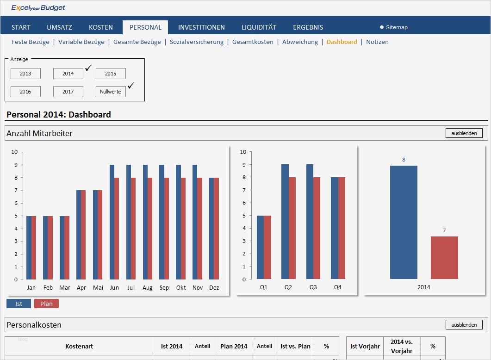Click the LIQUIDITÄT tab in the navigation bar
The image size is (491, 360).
(259, 27)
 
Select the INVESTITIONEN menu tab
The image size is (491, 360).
(201, 27)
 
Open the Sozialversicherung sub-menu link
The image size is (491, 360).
(196, 42)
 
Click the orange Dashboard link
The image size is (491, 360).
(342, 42)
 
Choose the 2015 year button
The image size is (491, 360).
(111, 74)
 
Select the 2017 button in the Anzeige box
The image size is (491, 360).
(68, 92)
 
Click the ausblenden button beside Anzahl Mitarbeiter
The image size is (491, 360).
(464, 133)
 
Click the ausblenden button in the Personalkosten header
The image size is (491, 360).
(464, 324)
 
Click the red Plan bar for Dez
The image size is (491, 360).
(216, 229)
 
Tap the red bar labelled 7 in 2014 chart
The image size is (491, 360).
(444, 258)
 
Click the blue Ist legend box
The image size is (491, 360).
(19, 304)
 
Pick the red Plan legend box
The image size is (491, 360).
(46, 304)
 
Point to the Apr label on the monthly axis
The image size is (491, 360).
(81, 287)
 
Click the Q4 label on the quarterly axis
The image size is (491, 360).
(338, 287)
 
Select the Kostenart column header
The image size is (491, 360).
(79, 346)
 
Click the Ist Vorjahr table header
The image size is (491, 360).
(365, 346)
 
